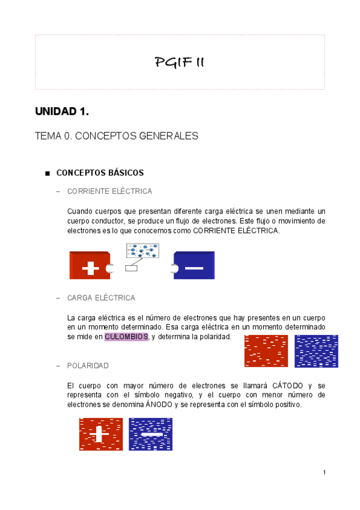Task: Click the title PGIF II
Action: point(180,62)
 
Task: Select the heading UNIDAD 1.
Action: point(62,112)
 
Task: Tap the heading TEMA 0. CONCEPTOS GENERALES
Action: point(117,137)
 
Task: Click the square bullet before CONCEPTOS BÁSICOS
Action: point(47,174)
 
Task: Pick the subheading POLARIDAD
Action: point(88,366)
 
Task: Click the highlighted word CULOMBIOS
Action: point(126,337)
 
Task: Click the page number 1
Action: point(324,473)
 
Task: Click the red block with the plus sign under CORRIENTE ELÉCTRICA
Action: point(90,266)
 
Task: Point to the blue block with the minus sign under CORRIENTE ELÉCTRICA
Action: point(194,266)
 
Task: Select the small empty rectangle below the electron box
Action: point(131,268)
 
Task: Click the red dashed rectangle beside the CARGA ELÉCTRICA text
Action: point(266,351)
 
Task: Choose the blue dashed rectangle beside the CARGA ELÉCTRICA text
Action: point(316,351)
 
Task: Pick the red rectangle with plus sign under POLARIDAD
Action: point(101,434)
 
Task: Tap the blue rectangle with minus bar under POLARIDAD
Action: point(150,434)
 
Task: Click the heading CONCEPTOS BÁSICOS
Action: point(100,173)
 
